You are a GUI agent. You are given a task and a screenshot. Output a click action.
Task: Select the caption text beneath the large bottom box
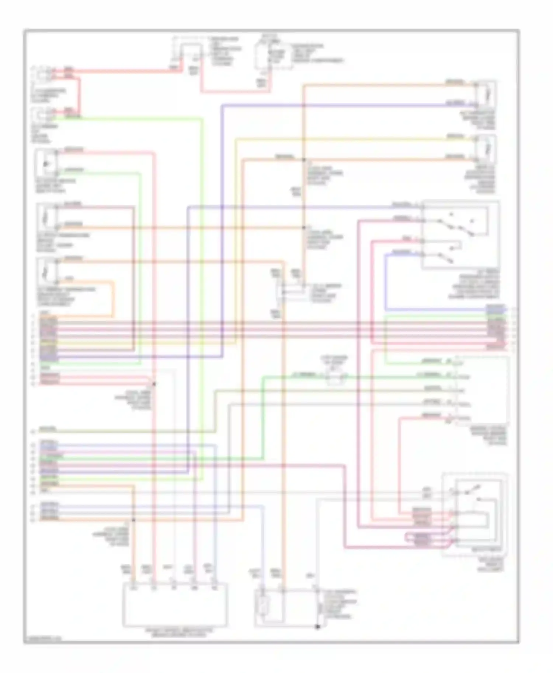179,633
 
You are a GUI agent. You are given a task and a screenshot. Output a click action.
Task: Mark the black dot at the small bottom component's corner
317,627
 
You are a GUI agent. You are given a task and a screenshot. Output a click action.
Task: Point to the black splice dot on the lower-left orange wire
133,520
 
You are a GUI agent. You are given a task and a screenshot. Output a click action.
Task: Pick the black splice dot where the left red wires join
154,384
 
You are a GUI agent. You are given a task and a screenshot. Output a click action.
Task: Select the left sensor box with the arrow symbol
46,163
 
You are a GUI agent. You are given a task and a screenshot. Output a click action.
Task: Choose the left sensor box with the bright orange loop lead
46,271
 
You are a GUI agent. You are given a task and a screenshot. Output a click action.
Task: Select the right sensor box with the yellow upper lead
487,149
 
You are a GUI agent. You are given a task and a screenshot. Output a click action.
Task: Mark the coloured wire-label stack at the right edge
495,327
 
